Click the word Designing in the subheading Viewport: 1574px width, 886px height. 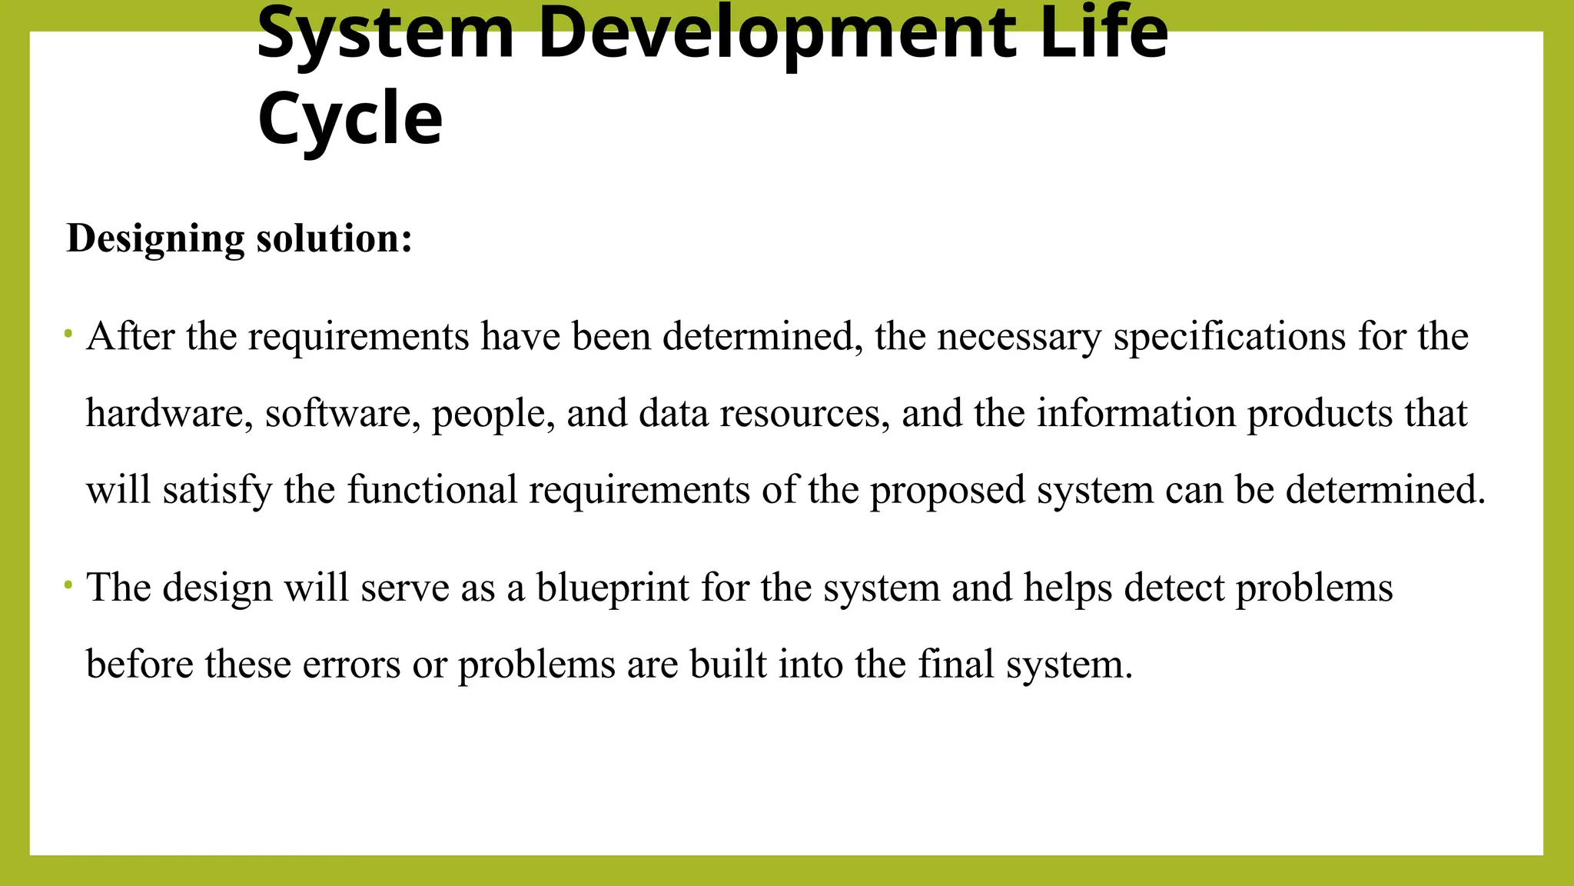coord(155,238)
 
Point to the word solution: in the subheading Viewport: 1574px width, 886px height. coord(334,238)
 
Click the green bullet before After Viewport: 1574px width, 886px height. coord(68,334)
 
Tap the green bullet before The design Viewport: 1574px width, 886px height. coord(68,585)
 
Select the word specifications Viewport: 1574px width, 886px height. coord(1230,337)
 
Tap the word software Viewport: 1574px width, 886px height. coord(343,413)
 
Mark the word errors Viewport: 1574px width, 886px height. coord(351,664)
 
